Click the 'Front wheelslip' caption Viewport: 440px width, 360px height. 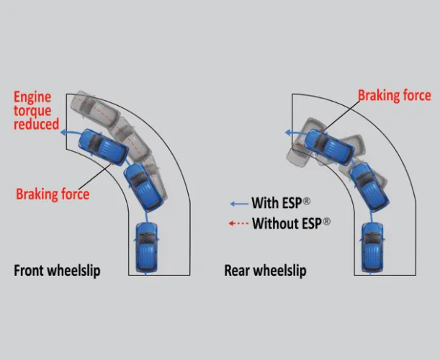[x=57, y=271]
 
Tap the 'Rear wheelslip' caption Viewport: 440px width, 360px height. [x=265, y=271]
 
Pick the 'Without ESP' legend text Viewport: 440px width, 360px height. [x=291, y=223]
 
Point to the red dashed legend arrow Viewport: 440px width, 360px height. [x=238, y=223]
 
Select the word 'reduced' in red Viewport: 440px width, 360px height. [x=36, y=125]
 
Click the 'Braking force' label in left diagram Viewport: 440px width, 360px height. [x=53, y=194]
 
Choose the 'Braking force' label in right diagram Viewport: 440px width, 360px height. [x=394, y=96]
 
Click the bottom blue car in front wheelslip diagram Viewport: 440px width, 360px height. [x=147, y=246]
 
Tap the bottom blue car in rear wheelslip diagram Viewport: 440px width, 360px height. [x=372, y=245]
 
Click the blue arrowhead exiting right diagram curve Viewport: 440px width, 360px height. [x=288, y=132]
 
